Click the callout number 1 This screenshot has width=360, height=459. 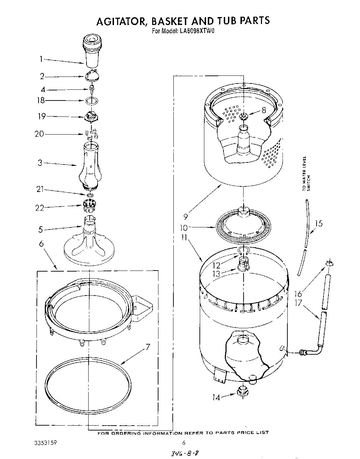point(41,59)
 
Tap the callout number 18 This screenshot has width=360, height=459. point(41,100)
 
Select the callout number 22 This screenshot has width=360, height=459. point(40,208)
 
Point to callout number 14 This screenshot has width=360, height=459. point(216,397)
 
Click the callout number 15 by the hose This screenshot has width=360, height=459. point(318,224)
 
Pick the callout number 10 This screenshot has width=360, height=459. point(184,228)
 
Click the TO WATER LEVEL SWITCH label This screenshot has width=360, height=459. point(306,174)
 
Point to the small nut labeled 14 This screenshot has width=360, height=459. point(241,392)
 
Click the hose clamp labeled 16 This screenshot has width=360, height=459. point(328,264)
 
